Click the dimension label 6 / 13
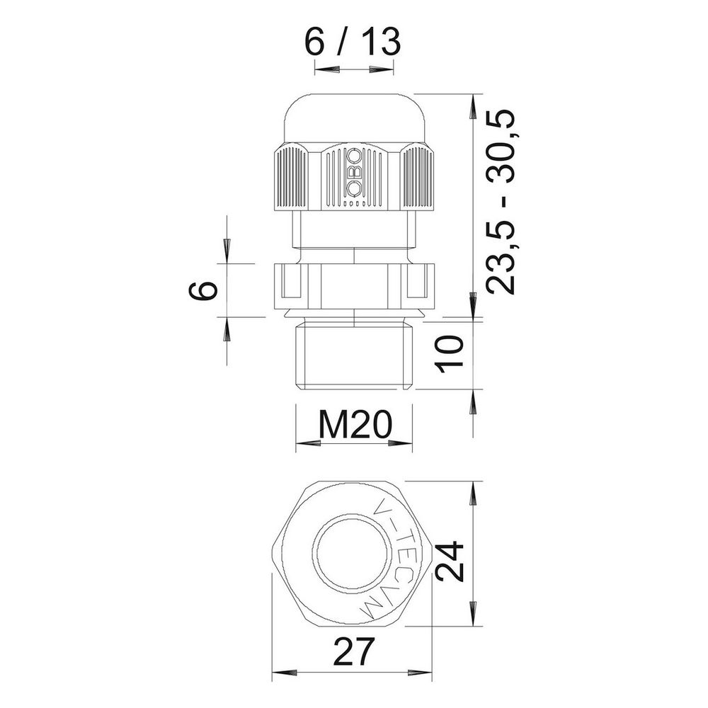(353, 42)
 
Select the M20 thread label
(355, 425)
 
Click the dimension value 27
(354, 651)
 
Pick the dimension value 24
(450, 560)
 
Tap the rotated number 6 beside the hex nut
(203, 290)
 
